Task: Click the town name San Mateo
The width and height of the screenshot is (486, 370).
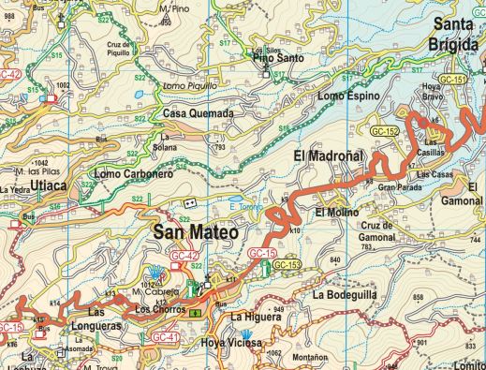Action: pos(195,231)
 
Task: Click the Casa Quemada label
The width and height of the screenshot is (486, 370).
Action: pos(198,113)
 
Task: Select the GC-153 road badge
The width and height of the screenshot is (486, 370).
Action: pos(287,266)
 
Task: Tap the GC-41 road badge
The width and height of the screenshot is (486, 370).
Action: pos(165,336)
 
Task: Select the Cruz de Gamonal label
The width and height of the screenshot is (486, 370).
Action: pos(388,231)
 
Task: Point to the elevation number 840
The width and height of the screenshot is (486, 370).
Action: pos(335,259)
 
